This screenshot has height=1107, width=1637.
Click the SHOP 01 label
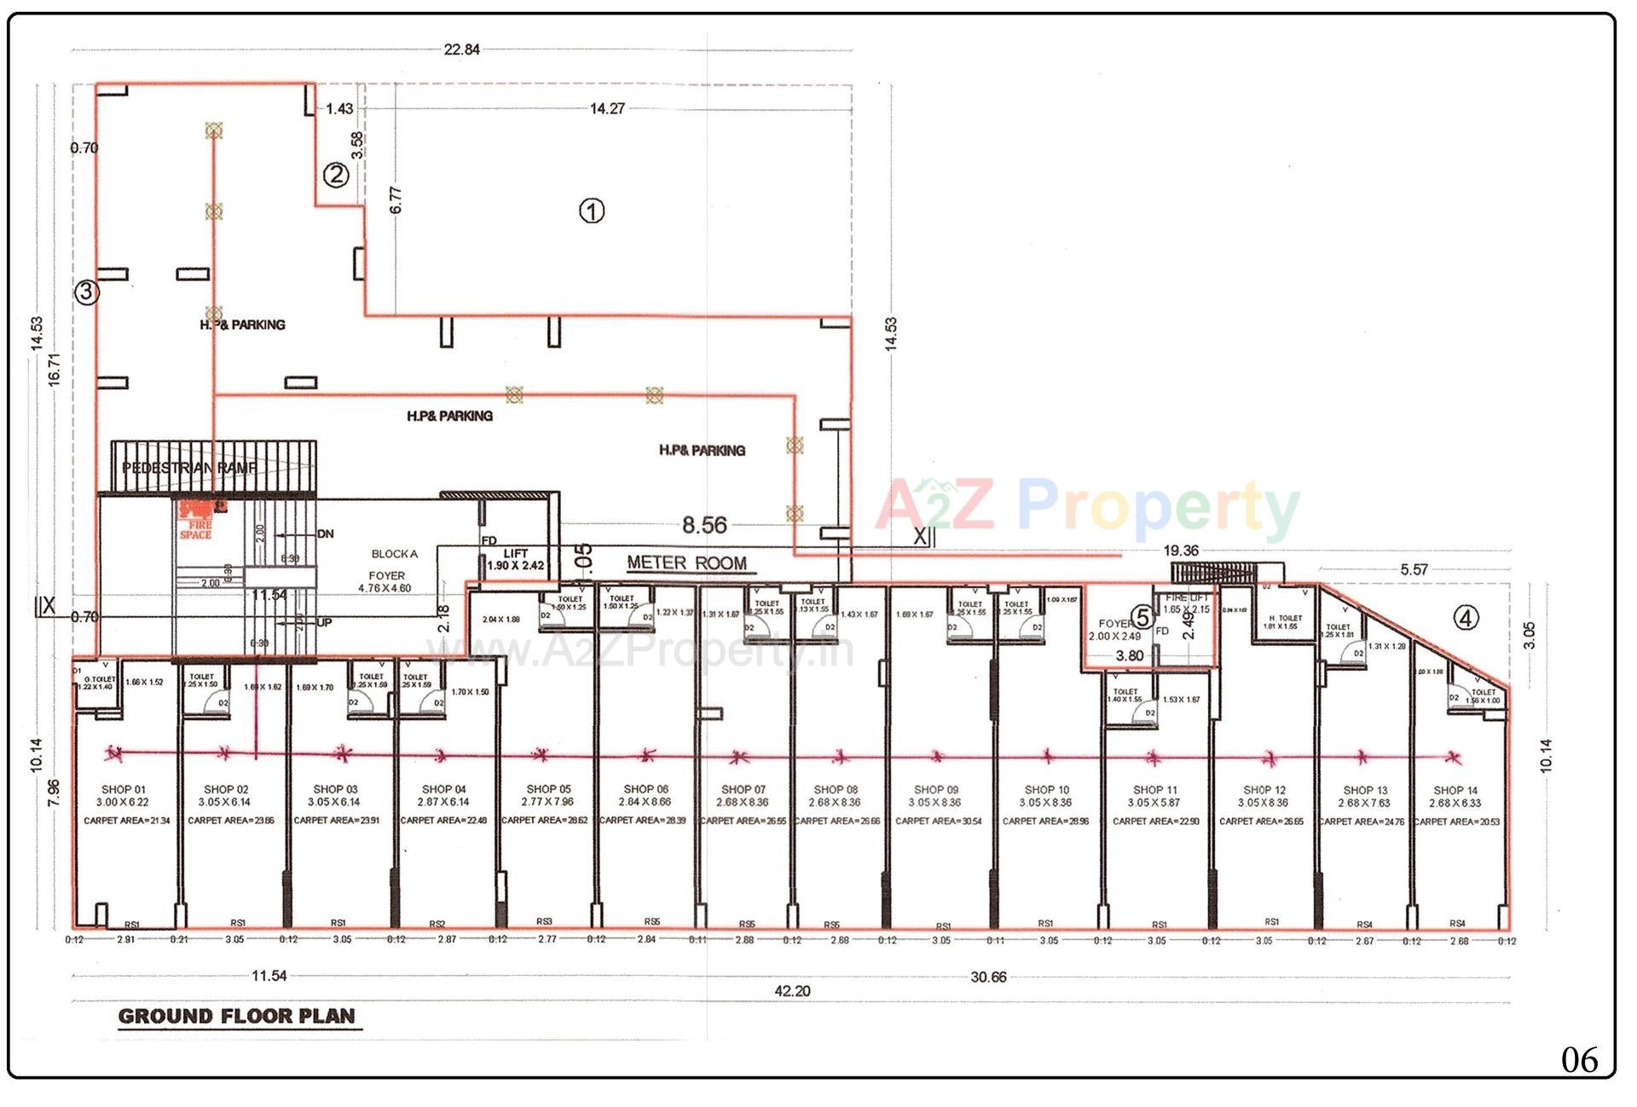(124, 790)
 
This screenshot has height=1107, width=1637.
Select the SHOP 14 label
(1455, 791)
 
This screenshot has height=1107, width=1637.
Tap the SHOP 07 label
(743, 790)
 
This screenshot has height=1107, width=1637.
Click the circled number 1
(592, 210)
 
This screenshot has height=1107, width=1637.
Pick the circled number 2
(336, 176)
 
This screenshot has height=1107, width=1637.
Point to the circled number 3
(86, 292)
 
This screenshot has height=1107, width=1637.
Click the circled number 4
(1466, 618)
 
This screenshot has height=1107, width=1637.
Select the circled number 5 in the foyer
(1142, 617)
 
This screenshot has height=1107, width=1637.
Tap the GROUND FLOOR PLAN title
(236, 1016)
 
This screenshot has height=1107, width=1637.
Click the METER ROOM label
(686, 563)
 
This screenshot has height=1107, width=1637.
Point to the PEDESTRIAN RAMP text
(189, 468)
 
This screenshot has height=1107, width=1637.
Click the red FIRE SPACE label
(196, 529)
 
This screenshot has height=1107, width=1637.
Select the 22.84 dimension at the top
(461, 49)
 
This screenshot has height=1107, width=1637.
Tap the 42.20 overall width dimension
(792, 991)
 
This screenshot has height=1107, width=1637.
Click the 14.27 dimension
(607, 108)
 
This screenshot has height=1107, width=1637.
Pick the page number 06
(1579, 1060)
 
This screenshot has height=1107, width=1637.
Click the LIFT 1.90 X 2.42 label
(515, 560)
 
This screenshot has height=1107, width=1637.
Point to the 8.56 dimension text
(704, 525)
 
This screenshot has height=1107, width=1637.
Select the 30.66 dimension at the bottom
(988, 977)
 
